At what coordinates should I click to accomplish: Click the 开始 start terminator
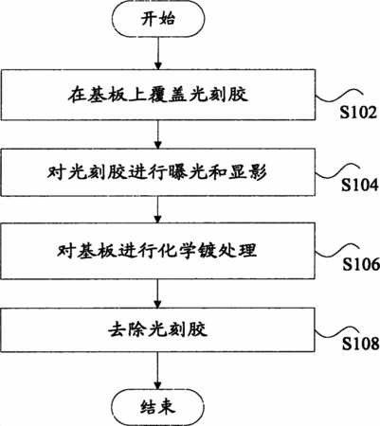(x=157, y=19)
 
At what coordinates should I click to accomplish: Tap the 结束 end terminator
(x=157, y=407)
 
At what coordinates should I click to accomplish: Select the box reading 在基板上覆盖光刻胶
(x=157, y=95)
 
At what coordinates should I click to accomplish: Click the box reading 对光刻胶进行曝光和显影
(x=157, y=172)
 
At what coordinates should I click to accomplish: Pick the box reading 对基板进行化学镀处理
(x=157, y=251)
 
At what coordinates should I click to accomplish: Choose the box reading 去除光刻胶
(x=157, y=329)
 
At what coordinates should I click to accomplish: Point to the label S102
(x=358, y=113)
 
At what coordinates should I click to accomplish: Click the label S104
(x=360, y=185)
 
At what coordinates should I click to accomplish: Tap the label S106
(x=361, y=264)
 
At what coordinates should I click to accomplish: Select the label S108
(x=361, y=344)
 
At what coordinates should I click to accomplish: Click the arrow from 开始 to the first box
(x=157, y=52)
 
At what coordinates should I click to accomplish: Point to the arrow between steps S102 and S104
(x=157, y=134)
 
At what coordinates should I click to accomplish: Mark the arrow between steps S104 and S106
(x=157, y=209)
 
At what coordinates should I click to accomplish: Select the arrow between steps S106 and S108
(x=157, y=293)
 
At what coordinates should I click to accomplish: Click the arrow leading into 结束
(x=157, y=371)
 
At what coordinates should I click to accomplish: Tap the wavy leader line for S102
(x=338, y=96)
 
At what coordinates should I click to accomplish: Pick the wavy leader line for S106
(x=337, y=251)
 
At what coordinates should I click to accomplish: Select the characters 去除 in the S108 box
(x=127, y=329)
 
